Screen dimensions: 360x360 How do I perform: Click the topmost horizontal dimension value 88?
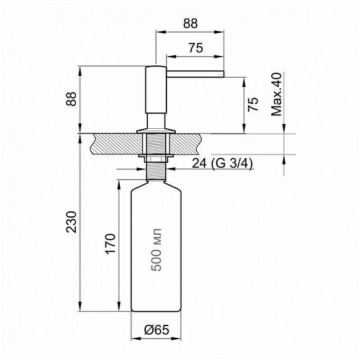tap(190, 23)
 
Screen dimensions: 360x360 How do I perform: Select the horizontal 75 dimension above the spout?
tap(196, 48)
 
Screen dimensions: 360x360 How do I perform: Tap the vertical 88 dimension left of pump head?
tap(71, 99)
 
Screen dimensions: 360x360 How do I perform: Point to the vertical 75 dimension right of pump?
tap(253, 104)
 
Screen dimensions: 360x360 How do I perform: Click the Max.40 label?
tap(276, 94)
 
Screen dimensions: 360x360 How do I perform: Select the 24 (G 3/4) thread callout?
tap(222, 164)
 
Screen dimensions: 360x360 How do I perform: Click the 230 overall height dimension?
tap(71, 223)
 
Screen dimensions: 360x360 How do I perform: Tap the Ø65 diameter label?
tap(157, 330)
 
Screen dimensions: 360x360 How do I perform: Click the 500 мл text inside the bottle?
tap(157, 250)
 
